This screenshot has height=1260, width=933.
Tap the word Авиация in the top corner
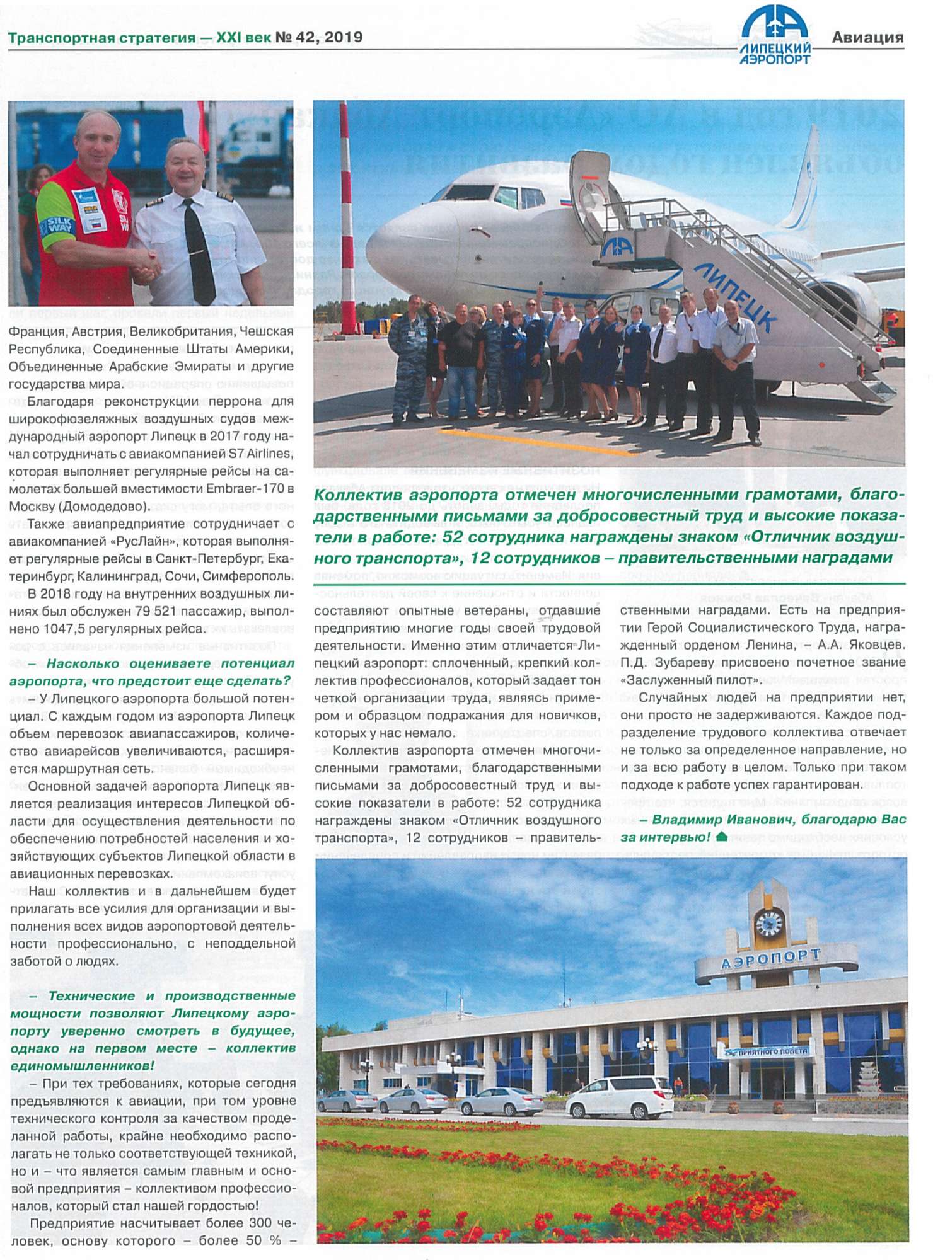tap(867, 38)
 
